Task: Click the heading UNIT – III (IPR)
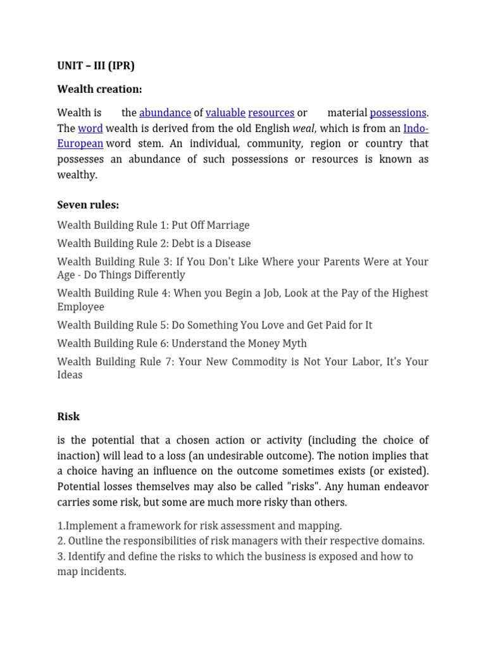[x=96, y=66]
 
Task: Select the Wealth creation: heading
[x=99, y=89]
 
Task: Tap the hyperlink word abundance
[x=165, y=113]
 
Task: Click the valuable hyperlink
[x=225, y=113]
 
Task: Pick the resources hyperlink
[x=271, y=113]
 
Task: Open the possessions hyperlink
[x=397, y=113]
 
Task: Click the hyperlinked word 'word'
[x=90, y=128]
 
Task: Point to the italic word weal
[x=303, y=128]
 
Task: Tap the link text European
[x=80, y=143]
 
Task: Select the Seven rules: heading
[x=88, y=205]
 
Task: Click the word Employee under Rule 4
[x=80, y=307]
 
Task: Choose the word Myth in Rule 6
[x=292, y=343]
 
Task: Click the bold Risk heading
[x=68, y=416]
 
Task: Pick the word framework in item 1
[x=144, y=526]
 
